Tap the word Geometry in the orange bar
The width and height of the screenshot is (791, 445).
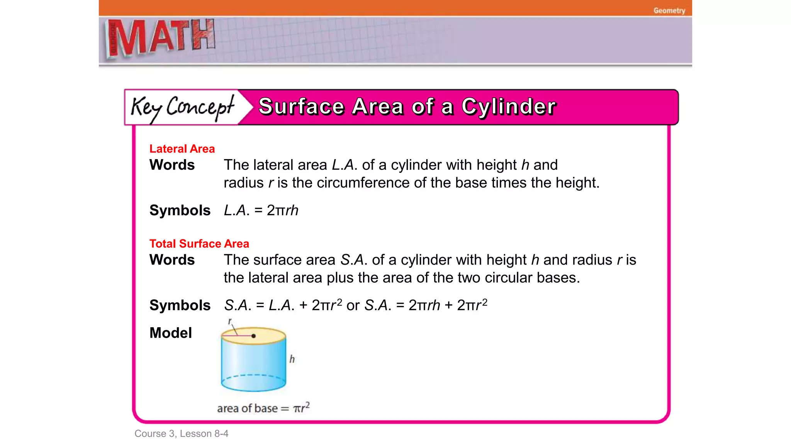tap(669, 10)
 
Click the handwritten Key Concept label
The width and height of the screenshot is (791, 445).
tap(182, 107)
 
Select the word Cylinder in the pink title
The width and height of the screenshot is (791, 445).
tap(509, 107)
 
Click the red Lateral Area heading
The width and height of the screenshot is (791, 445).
tap(182, 149)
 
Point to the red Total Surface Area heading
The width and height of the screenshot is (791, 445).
tap(199, 244)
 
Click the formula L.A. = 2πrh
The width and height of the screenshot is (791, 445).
tap(261, 211)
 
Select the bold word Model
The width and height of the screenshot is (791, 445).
tap(170, 333)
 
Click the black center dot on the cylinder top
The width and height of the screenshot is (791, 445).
tap(253, 336)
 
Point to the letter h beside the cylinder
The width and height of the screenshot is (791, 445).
tap(292, 359)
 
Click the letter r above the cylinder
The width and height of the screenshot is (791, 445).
tap(230, 321)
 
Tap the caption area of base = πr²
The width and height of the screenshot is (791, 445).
tap(263, 408)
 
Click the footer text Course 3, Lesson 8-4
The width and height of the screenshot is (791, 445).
tap(181, 433)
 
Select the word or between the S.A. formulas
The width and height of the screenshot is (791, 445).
tap(353, 306)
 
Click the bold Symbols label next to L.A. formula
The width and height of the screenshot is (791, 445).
tap(180, 211)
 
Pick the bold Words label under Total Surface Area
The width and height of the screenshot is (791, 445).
tap(172, 260)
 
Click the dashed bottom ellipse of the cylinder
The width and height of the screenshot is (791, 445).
tap(253, 375)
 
